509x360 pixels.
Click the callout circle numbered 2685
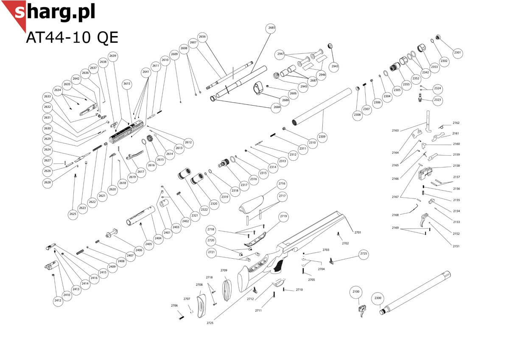(x=271, y=28)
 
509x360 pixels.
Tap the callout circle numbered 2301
(x=457, y=53)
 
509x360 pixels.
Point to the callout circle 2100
(x=356, y=292)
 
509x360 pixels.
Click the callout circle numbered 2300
(x=378, y=299)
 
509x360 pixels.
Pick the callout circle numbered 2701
(x=358, y=232)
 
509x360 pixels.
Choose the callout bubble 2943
(x=335, y=67)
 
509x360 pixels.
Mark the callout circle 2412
(x=58, y=301)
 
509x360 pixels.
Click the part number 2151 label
(x=456, y=246)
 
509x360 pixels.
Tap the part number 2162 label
(x=456, y=123)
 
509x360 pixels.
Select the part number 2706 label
(x=174, y=306)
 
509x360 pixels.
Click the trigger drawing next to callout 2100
(x=363, y=311)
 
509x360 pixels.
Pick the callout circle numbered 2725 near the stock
(x=364, y=254)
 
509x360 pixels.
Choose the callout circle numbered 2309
(x=322, y=137)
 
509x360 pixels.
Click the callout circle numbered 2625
(x=73, y=215)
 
